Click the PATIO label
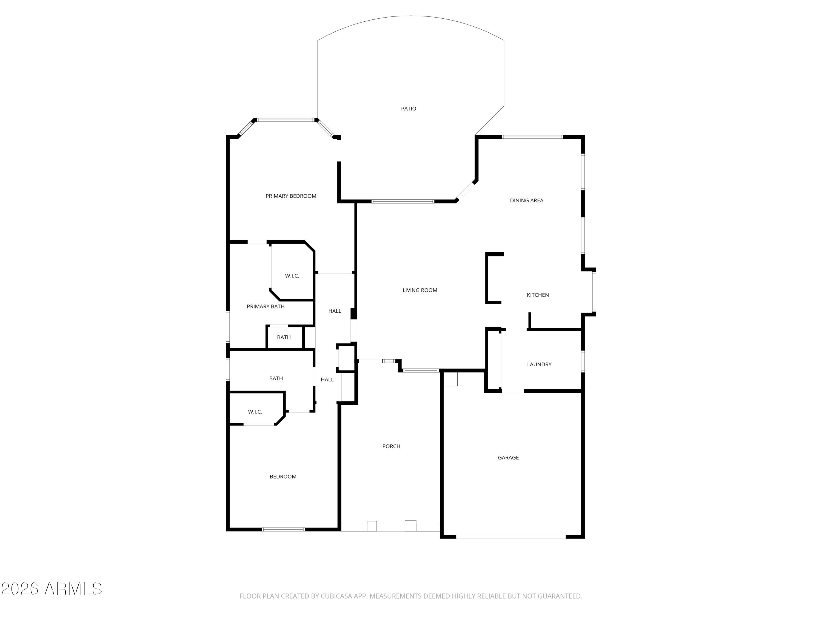pyautogui.click(x=409, y=109)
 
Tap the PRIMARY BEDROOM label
pyautogui.click(x=291, y=196)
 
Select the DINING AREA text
pyautogui.click(x=527, y=200)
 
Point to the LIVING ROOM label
pyautogui.click(x=420, y=290)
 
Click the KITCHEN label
pyautogui.click(x=538, y=295)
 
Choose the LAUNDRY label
pyautogui.click(x=539, y=364)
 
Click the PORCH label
pyautogui.click(x=391, y=446)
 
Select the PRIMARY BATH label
pyautogui.click(x=266, y=307)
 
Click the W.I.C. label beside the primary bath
pyautogui.click(x=292, y=276)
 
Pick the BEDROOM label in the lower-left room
pyautogui.click(x=283, y=476)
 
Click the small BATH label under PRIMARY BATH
pyautogui.click(x=284, y=337)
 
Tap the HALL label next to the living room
pyautogui.click(x=335, y=311)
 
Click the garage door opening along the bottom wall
pyautogui.click(x=511, y=537)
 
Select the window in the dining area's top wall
pyautogui.click(x=532, y=137)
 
